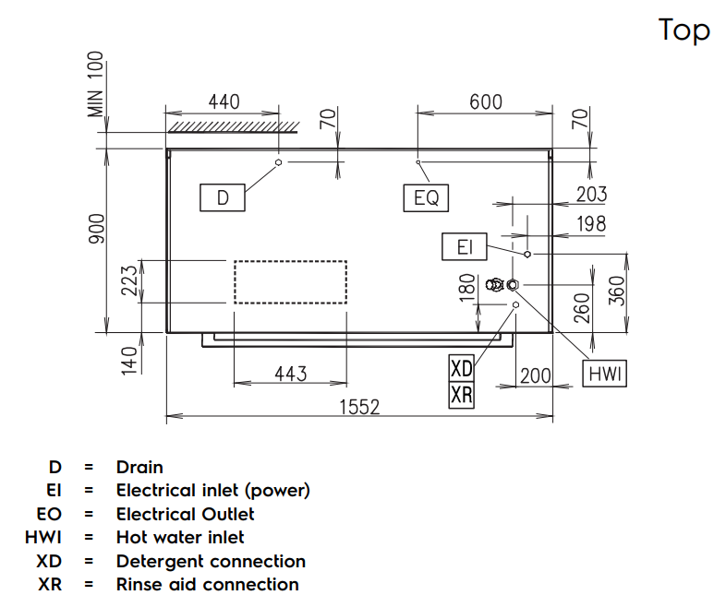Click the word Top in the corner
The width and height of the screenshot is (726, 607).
click(x=684, y=30)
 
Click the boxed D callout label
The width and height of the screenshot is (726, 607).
click(x=223, y=197)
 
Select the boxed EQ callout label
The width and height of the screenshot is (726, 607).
click(x=426, y=197)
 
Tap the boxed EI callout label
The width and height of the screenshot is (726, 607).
click(x=465, y=247)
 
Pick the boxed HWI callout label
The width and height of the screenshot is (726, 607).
click(x=606, y=374)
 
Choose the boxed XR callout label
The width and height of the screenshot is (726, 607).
click(x=461, y=395)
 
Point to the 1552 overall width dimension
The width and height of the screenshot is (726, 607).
click(x=359, y=406)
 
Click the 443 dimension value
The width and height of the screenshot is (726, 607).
click(x=290, y=373)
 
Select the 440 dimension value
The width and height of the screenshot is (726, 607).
click(x=223, y=101)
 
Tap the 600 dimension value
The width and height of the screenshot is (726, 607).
click(x=486, y=101)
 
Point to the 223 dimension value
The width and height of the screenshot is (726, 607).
click(x=129, y=282)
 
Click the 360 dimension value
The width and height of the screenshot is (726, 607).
click(x=617, y=291)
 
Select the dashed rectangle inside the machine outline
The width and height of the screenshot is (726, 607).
click(x=290, y=281)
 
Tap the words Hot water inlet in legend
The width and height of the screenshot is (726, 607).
click(x=180, y=537)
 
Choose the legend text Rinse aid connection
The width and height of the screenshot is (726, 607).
click(x=207, y=584)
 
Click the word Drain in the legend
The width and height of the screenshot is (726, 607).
click(x=139, y=468)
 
